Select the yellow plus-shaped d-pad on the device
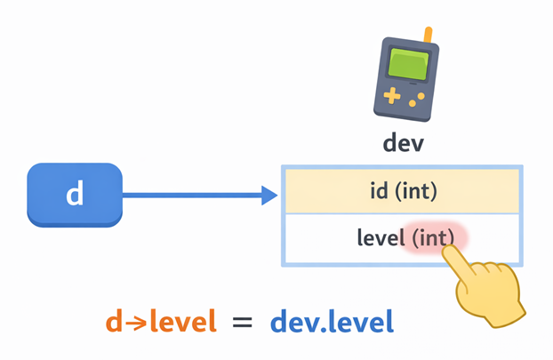click(x=389, y=94)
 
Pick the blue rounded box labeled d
click(x=75, y=195)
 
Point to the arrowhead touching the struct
click(x=269, y=196)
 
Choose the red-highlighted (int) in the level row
click(x=433, y=237)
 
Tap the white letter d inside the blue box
click(x=75, y=194)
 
